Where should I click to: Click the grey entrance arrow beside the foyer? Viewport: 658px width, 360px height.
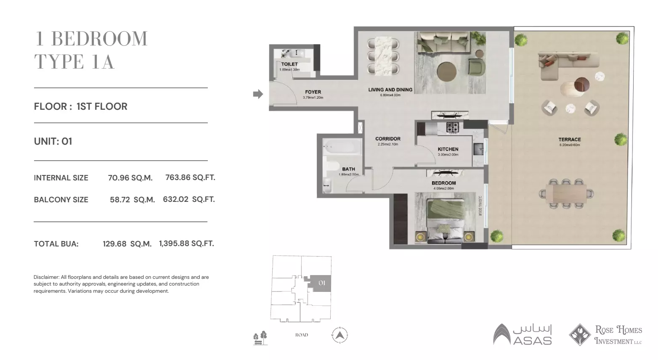point(257,94)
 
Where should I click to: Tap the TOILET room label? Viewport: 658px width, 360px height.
point(289,64)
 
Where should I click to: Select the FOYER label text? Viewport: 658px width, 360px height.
point(313,92)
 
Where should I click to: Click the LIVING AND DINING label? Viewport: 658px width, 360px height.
point(390,90)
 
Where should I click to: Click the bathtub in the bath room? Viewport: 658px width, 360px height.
point(342,147)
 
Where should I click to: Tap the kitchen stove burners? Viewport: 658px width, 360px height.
point(453,127)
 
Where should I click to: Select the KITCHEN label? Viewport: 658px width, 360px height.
point(448,149)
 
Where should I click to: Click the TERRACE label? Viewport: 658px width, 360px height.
point(570,140)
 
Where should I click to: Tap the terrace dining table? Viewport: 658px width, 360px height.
point(567,194)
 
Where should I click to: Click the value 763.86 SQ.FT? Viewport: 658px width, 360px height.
point(190,177)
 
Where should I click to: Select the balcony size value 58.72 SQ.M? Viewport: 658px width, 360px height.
point(132,200)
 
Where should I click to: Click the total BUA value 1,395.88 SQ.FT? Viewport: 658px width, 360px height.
point(186,244)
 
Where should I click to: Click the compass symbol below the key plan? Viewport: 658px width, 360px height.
point(340,335)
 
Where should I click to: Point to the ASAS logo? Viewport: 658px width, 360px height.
point(523,335)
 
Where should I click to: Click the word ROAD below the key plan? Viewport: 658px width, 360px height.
point(302,335)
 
